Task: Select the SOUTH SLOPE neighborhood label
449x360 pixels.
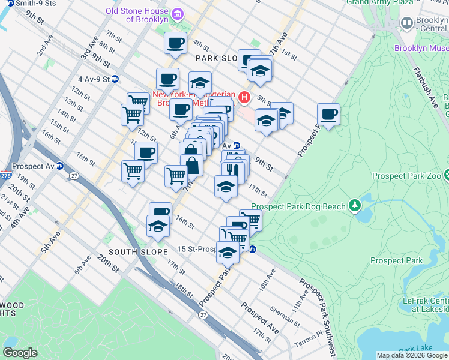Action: (138, 252)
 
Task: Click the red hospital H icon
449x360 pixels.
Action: (244, 97)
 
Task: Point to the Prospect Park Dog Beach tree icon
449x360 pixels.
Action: (355, 206)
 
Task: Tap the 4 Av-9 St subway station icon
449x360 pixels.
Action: (115, 79)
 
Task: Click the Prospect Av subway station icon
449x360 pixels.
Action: (60, 166)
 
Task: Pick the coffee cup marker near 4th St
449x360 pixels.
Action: (176, 43)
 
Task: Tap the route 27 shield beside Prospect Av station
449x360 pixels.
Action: (74, 175)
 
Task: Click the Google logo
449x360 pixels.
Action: (20, 353)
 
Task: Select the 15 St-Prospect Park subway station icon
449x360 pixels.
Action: (253, 249)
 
